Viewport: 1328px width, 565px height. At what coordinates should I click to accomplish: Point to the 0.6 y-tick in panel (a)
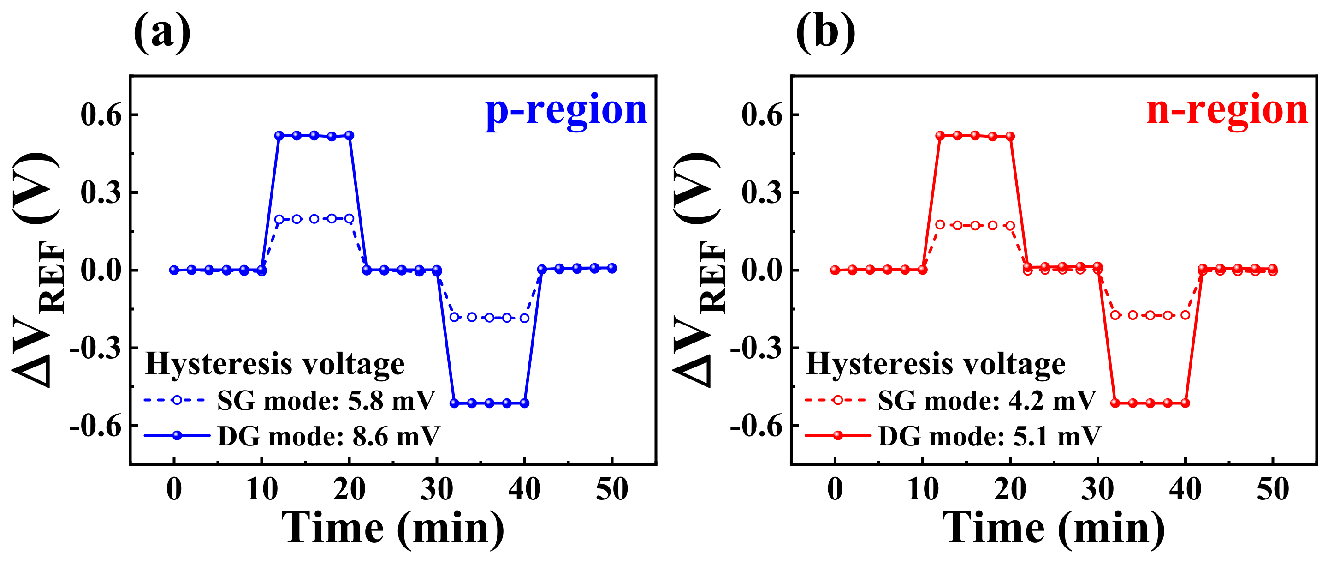coord(101,114)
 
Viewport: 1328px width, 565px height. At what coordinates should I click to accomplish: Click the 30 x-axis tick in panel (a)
coord(437,489)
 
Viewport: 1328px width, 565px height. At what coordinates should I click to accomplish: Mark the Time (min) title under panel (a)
coord(393,529)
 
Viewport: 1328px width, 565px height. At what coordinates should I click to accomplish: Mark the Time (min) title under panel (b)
coord(1054,529)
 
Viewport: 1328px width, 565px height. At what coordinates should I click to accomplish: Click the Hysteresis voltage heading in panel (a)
coord(275,364)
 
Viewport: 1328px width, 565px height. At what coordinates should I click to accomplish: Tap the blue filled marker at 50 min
coord(611,268)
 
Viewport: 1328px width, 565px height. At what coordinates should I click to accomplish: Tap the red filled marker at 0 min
coord(835,270)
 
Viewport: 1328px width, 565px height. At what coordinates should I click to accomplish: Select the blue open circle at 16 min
coord(314,219)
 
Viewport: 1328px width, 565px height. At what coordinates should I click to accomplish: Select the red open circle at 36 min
coord(1150,315)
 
